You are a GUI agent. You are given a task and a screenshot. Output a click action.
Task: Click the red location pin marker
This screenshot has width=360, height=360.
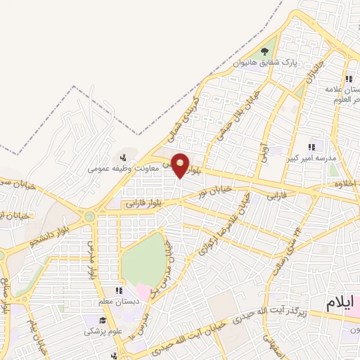(181, 165)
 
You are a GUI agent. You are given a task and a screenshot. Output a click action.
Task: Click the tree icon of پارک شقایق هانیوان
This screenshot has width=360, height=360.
(265, 51)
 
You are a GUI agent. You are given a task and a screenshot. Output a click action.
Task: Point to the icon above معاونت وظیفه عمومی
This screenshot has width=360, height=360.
(124, 157)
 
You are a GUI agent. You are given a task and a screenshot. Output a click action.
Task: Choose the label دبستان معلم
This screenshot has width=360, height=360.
(118, 301)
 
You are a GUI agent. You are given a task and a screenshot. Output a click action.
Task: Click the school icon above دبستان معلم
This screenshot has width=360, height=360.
(118, 290)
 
